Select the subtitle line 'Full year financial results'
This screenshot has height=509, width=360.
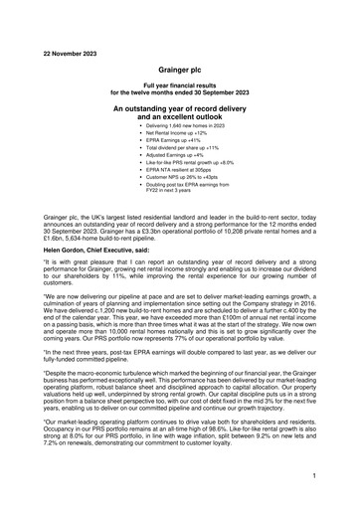tap(180, 87)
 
